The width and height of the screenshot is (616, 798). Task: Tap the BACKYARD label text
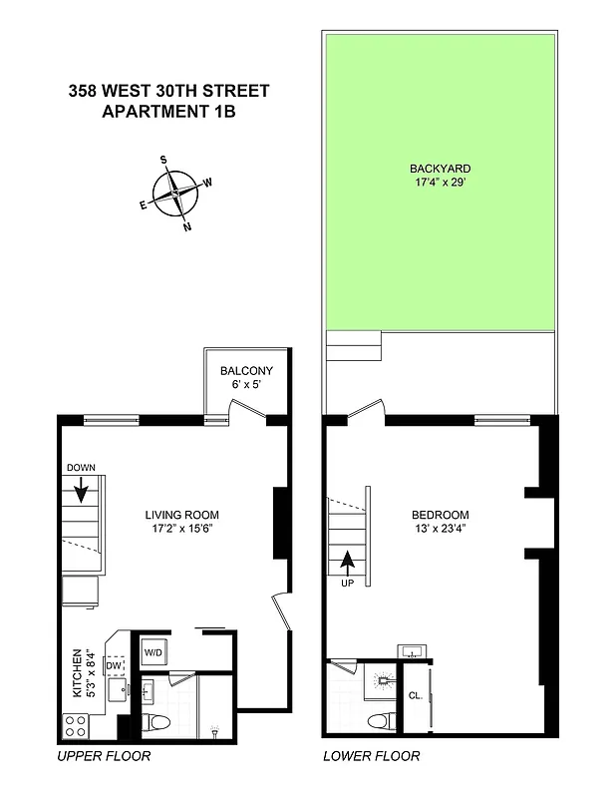(440, 169)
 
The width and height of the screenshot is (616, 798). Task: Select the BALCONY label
(245, 371)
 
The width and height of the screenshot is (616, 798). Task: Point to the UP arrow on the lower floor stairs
(348, 565)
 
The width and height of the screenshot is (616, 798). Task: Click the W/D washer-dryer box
(154, 652)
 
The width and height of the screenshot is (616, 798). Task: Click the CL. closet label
(415, 696)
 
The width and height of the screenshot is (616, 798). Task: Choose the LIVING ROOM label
(179, 516)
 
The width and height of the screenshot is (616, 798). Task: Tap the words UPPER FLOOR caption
(104, 756)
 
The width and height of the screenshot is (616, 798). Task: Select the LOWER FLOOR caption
(372, 756)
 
